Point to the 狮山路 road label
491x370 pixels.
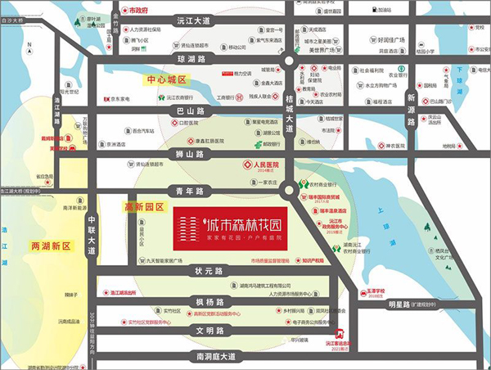coord(189,154)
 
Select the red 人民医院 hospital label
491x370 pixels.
coord(264,164)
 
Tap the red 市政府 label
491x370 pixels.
coord(137,13)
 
